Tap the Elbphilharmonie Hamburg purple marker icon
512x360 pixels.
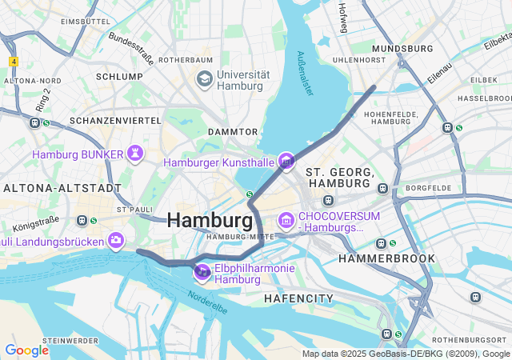point(203,274)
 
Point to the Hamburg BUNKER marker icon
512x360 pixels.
point(136,154)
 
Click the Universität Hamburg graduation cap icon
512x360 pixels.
point(204,79)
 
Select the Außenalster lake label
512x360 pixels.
point(305,74)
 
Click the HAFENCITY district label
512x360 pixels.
point(298,298)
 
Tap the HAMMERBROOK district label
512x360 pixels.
point(387,258)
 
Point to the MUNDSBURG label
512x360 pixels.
point(402,48)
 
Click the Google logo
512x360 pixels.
point(26,350)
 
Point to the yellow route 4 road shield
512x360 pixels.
point(14,62)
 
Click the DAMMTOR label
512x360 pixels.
point(233,131)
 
